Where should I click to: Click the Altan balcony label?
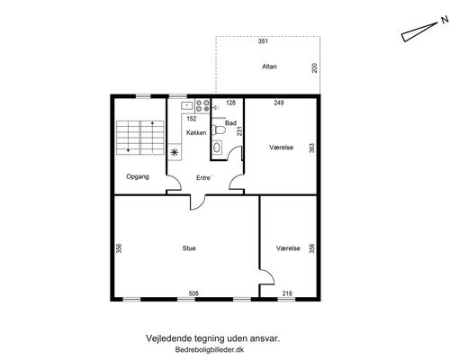click(269, 67)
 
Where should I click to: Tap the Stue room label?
click(189, 248)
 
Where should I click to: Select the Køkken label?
click(196, 132)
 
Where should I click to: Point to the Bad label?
click(230, 123)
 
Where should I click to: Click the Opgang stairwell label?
click(138, 176)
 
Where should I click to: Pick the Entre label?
click(204, 178)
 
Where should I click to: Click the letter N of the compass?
click(445, 20)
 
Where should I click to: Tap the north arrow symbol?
click(419, 32)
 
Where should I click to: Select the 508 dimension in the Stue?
click(193, 293)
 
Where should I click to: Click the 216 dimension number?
click(287, 293)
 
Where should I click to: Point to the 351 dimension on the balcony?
click(263, 41)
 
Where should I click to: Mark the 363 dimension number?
click(312, 148)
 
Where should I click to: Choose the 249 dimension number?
click(279, 103)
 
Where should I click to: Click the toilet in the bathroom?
click(218, 130)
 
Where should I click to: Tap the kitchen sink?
click(188, 105)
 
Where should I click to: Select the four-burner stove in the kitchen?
click(202, 105)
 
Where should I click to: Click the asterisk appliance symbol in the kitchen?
click(175, 152)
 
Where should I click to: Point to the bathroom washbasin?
click(217, 148)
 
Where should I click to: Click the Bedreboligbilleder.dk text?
click(210, 349)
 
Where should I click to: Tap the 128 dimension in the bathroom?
click(230, 103)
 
